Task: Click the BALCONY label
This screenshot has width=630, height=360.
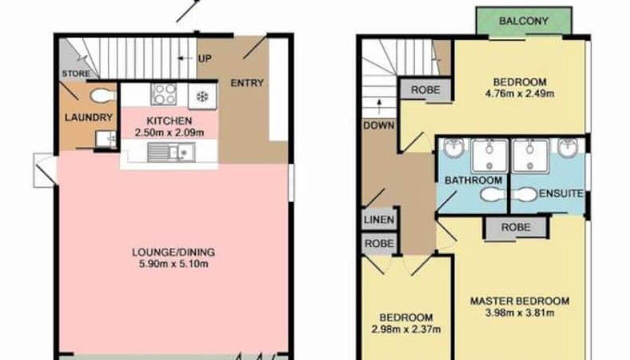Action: pyautogui.click(x=523, y=21)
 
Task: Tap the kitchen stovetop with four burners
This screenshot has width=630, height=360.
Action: pyautogui.click(x=164, y=94)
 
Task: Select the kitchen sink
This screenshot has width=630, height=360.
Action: pyautogui.click(x=171, y=152)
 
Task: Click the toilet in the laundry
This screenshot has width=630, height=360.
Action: pyautogui.click(x=103, y=96)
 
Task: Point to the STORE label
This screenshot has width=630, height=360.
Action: pyautogui.click(x=76, y=74)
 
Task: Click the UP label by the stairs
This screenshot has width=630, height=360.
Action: pyautogui.click(x=205, y=59)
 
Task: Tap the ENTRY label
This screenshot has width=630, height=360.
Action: pyautogui.click(x=247, y=83)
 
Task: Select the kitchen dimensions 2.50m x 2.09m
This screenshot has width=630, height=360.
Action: pyautogui.click(x=169, y=133)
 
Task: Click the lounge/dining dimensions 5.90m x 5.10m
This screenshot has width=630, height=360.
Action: pyautogui.click(x=174, y=264)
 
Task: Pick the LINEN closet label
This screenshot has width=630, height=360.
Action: pyautogui.click(x=379, y=220)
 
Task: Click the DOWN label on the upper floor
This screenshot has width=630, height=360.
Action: pyautogui.click(x=379, y=125)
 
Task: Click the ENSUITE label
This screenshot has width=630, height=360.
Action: pyautogui.click(x=561, y=194)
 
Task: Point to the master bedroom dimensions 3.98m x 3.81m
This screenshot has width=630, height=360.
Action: pyautogui.click(x=520, y=313)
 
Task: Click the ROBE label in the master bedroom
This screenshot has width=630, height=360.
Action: pyautogui.click(x=516, y=227)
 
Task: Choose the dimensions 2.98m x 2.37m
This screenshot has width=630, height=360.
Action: pyautogui.click(x=406, y=329)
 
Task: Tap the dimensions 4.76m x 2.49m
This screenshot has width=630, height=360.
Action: pyautogui.click(x=520, y=93)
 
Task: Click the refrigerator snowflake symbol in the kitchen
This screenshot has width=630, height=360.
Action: pyautogui.click(x=202, y=97)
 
